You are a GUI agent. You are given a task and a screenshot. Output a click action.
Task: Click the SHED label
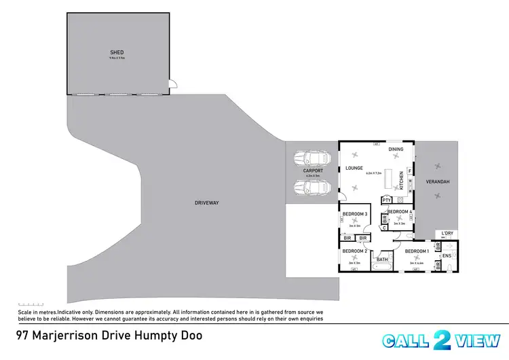[117, 52]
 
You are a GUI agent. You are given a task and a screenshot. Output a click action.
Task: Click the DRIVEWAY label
[206, 202]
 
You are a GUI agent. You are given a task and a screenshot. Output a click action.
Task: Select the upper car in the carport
[312, 159]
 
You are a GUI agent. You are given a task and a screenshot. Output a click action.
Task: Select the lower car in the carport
[312, 187]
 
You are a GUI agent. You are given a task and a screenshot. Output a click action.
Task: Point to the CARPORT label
[312, 171]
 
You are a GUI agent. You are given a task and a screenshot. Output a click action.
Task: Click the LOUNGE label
[354, 168]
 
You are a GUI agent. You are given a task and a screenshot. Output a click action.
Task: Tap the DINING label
[396, 149]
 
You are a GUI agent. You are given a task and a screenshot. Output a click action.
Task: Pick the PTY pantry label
[386, 200]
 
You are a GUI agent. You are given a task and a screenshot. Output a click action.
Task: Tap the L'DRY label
[447, 234]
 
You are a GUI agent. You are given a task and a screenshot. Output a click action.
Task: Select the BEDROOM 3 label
[355, 215]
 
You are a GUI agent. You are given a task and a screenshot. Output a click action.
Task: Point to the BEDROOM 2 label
[355, 251]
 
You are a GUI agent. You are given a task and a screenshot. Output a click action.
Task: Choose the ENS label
[447, 255]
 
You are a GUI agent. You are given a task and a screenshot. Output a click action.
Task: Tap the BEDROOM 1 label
[417, 251]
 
